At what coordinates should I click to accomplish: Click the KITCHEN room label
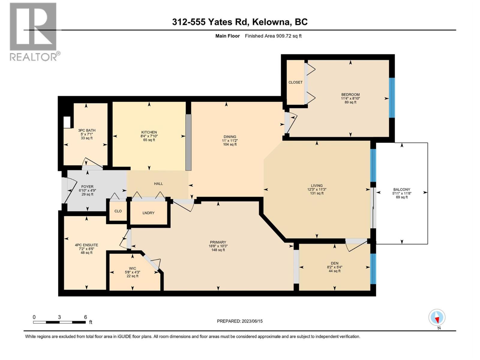click(x=149, y=132)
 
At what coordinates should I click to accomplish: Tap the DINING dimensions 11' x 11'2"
click(x=230, y=141)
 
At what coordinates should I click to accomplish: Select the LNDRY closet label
click(x=148, y=213)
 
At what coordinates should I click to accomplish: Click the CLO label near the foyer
click(x=118, y=211)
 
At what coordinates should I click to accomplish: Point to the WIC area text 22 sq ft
click(x=132, y=276)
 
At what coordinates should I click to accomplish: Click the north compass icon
click(x=437, y=318)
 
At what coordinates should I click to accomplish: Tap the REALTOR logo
click(x=34, y=31)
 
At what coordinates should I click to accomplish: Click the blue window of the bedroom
click(x=391, y=97)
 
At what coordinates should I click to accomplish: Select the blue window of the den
click(x=373, y=268)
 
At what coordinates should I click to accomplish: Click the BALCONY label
click(x=402, y=190)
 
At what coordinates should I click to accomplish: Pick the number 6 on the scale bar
click(x=85, y=317)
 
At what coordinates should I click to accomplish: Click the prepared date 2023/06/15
click(x=252, y=321)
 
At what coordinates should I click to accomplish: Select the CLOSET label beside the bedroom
click(x=295, y=82)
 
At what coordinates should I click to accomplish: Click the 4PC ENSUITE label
click(x=86, y=245)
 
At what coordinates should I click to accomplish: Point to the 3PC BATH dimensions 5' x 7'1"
click(x=87, y=134)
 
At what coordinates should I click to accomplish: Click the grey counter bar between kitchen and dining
click(x=188, y=142)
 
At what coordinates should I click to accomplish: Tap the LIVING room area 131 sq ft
click(x=317, y=193)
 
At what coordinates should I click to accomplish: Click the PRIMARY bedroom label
click(x=218, y=242)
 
